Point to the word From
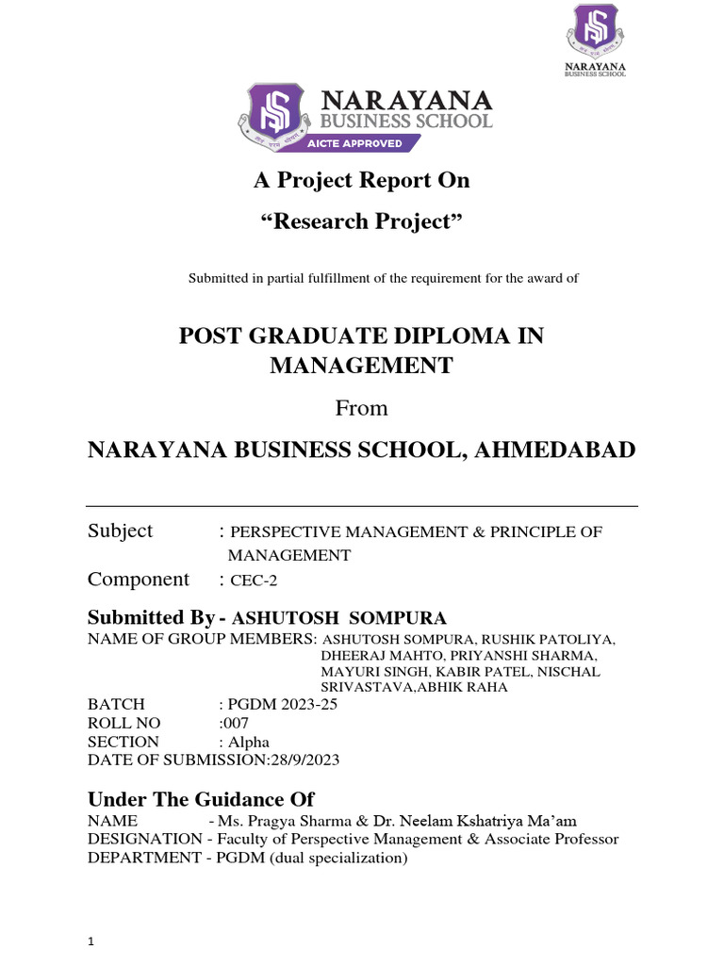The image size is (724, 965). point(361,408)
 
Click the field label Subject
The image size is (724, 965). point(120,531)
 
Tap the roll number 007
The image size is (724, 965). point(236,723)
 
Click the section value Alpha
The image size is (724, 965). point(250,742)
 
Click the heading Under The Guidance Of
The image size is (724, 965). point(201,799)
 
